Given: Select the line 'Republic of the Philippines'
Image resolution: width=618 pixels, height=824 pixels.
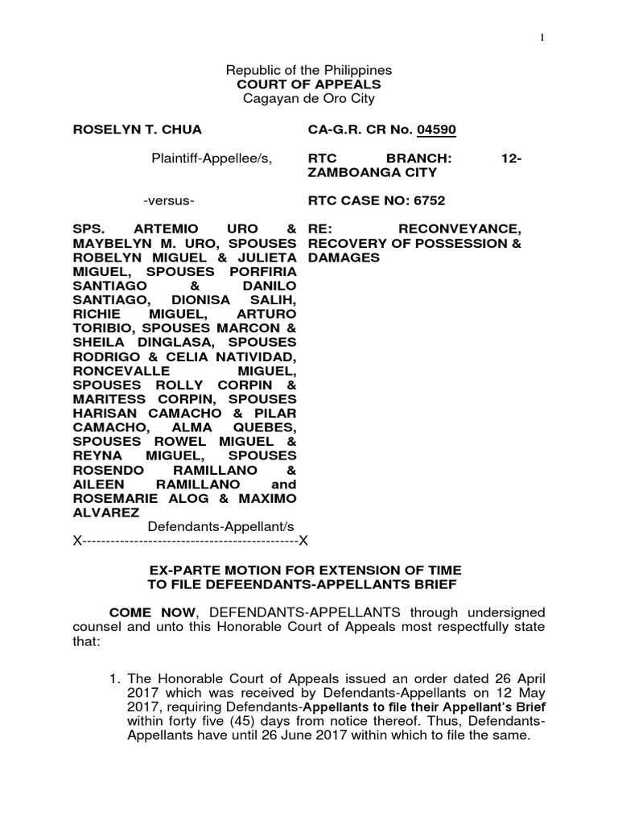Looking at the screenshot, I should click(x=310, y=70).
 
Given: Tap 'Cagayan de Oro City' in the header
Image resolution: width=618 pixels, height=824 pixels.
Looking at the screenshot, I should click(x=310, y=98).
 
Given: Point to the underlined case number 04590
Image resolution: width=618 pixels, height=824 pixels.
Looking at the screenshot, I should click(x=442, y=130).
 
